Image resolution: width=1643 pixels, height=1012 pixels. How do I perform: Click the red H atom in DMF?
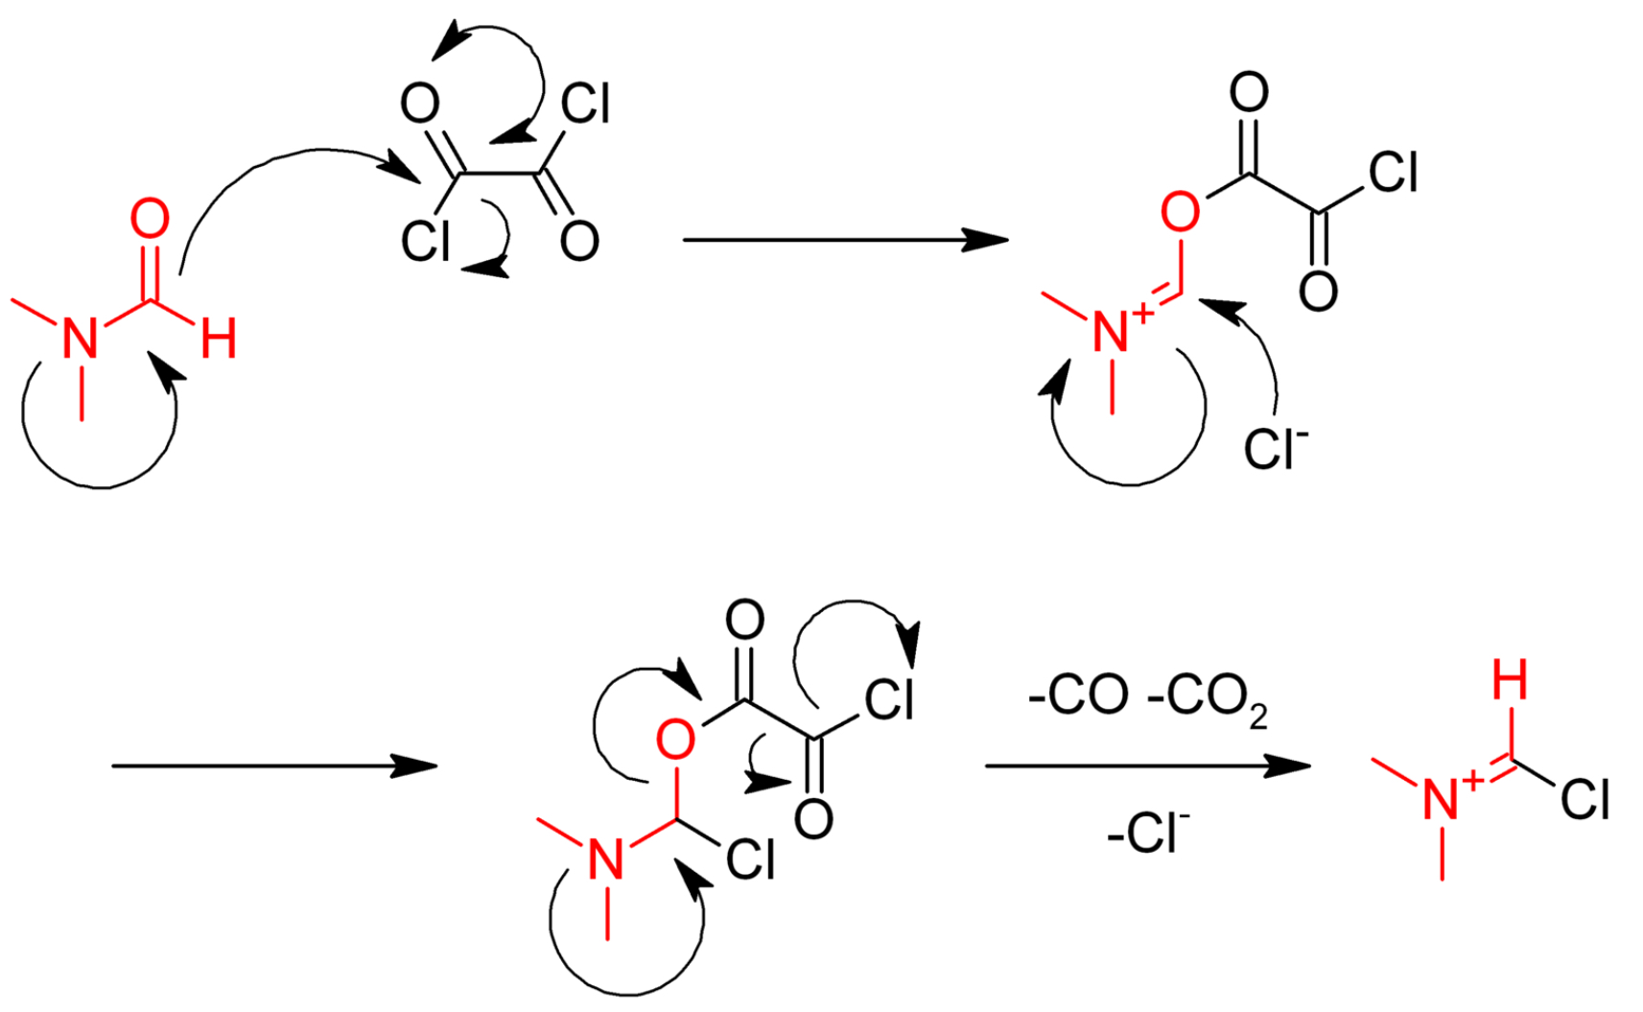(x=219, y=340)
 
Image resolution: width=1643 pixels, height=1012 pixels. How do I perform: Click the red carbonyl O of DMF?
(x=150, y=220)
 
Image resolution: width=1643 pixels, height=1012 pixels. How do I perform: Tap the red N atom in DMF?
(x=81, y=340)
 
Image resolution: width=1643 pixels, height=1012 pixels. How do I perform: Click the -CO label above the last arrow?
(x=1078, y=695)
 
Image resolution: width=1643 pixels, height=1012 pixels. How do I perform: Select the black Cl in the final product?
(x=1584, y=799)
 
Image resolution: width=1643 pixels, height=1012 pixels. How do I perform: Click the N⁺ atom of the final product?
(x=1441, y=799)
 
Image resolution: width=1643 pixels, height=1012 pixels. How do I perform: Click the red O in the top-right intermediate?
(x=1180, y=212)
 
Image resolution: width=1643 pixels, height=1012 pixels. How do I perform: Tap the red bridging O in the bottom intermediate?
(x=675, y=741)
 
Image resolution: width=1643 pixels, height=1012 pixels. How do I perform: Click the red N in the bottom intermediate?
(x=606, y=859)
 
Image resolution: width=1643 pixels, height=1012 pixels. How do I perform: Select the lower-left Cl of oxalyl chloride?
(x=425, y=242)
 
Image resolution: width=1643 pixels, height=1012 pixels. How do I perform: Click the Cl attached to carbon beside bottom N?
(x=750, y=860)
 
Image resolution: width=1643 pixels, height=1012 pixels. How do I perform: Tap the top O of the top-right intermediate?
(x=1249, y=93)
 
